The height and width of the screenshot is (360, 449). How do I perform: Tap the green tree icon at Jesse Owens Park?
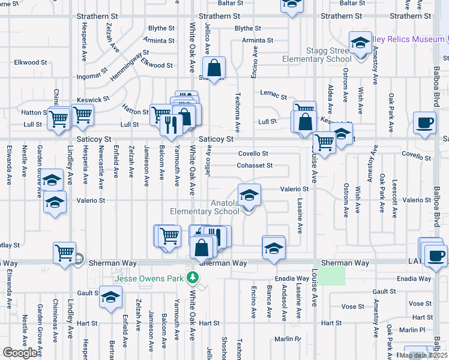[193, 277]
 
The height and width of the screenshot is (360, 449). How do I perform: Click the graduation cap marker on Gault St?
[110, 298]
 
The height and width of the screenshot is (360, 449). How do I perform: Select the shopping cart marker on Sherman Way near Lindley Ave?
[64, 252]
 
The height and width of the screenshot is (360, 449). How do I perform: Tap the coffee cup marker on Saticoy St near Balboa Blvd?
[425, 123]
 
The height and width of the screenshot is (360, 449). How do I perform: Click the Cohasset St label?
[255, 166]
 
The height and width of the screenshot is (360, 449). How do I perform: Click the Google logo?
[20, 353]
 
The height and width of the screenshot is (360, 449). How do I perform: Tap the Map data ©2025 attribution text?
[423, 355]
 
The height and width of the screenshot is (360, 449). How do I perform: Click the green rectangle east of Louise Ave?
[331, 275]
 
